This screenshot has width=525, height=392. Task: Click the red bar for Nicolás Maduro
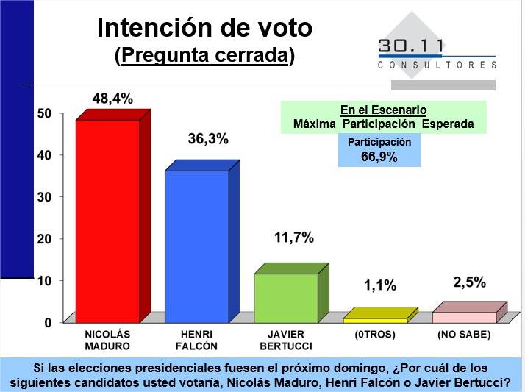(108, 221)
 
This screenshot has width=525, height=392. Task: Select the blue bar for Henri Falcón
(196, 246)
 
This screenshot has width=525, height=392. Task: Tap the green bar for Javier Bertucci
(285, 298)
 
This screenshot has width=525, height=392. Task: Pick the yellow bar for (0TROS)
(374, 320)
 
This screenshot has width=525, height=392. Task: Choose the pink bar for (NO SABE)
(464, 317)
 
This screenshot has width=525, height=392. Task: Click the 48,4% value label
(112, 99)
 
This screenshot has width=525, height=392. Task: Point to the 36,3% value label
(208, 139)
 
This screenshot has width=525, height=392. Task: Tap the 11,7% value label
(293, 238)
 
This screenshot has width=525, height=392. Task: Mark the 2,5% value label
(470, 282)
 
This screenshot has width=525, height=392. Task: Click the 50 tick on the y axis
(44, 113)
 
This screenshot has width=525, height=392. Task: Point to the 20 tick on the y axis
(44, 239)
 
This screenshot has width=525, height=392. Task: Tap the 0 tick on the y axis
(48, 323)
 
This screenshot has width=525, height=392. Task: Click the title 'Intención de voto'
(204, 29)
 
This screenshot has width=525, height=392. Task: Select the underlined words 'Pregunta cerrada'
(204, 56)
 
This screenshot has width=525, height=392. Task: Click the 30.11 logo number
(411, 46)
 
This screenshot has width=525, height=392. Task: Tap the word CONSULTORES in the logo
(437, 65)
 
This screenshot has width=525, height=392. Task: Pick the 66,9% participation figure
(379, 157)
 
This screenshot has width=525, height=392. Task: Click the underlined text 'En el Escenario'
(383, 110)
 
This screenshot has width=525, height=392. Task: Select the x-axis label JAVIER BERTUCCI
(285, 340)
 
